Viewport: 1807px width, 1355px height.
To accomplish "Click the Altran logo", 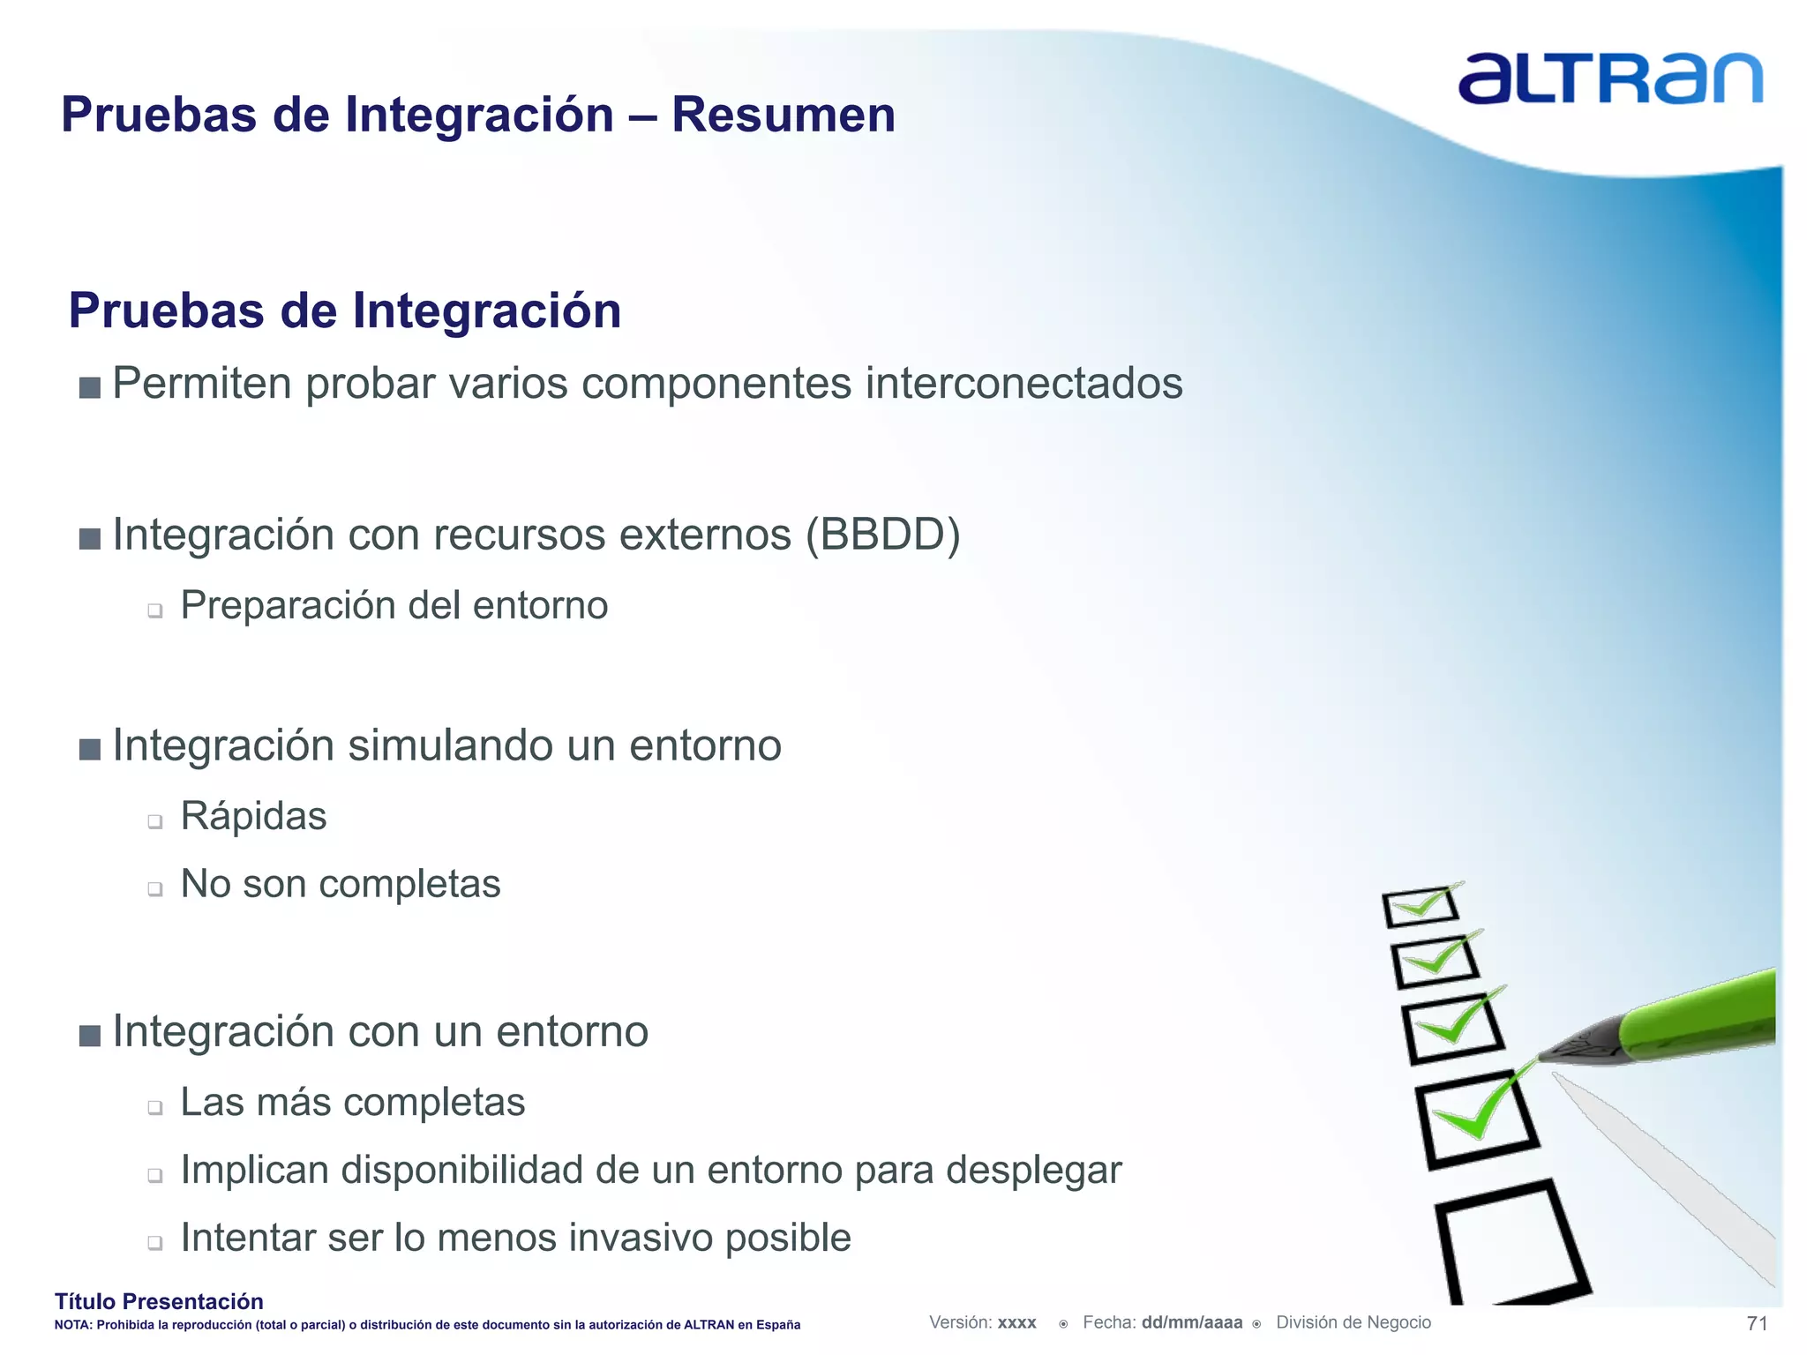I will click(x=1609, y=79).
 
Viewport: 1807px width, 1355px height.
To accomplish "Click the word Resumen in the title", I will click(x=783, y=115).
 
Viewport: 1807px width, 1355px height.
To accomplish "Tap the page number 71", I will click(x=1757, y=1323).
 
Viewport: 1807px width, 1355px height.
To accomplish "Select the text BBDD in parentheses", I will click(x=883, y=535).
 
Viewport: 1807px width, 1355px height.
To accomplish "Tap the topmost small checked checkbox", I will click(x=1420, y=906).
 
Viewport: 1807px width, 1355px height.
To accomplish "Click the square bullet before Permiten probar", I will click(x=89, y=387).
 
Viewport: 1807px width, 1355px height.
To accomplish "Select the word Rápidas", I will click(x=253, y=816).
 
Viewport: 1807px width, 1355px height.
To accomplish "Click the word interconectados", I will click(x=1023, y=384).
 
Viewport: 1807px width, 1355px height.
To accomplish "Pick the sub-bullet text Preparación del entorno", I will click(x=394, y=606).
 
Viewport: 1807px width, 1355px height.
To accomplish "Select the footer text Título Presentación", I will click(x=159, y=1301).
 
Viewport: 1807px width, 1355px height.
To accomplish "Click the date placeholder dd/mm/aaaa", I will click(x=1191, y=1322).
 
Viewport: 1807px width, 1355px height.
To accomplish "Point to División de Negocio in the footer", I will click(x=1353, y=1322).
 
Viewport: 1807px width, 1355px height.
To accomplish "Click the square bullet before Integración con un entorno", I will click(x=89, y=1035).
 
